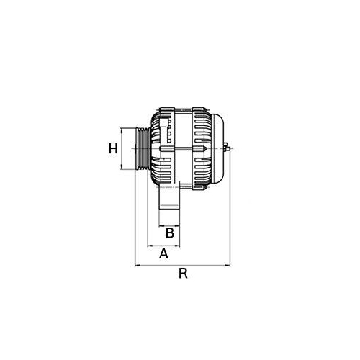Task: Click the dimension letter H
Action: tap(113, 149)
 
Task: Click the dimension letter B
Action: tap(170, 232)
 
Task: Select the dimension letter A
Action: tap(163, 253)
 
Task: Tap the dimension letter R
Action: tap(184, 274)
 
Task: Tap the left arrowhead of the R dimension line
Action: tap(137, 265)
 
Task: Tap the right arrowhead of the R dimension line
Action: tap(229, 265)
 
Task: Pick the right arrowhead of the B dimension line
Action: tap(179, 224)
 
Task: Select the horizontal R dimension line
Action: tap(184, 265)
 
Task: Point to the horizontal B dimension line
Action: tap(170, 224)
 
